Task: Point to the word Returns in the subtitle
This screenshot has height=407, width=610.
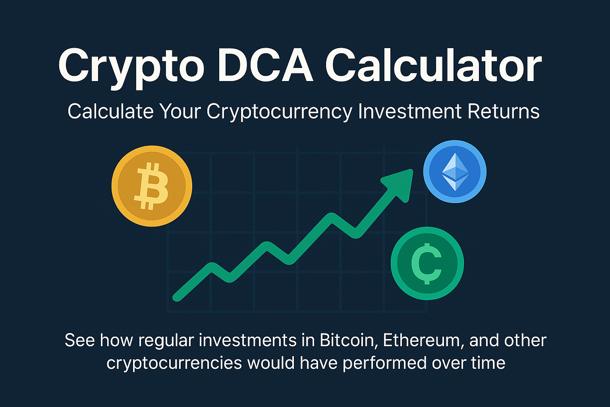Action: [504, 112]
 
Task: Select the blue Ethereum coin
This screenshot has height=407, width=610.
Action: [455, 172]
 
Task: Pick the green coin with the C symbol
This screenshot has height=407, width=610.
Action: [427, 263]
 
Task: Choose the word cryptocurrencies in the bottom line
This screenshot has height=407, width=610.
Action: [174, 363]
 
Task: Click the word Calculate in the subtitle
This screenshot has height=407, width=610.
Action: [110, 112]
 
